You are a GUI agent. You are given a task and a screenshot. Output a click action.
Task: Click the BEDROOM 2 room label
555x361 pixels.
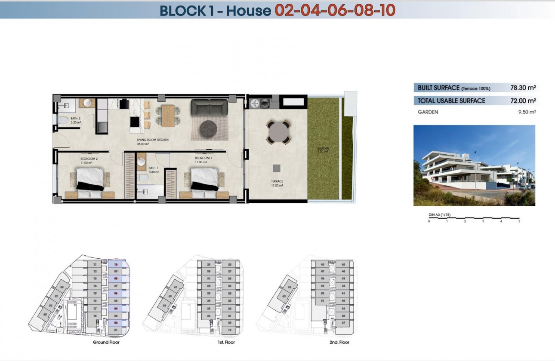pos(89,159)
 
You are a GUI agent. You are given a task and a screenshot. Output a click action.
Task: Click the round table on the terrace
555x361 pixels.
pos(278,132)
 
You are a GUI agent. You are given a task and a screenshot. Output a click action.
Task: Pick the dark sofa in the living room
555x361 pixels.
pos(209,107)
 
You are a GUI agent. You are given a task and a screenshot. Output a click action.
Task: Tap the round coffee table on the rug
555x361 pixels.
pos(209,128)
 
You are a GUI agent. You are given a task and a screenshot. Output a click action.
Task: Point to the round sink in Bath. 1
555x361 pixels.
pos(141,162)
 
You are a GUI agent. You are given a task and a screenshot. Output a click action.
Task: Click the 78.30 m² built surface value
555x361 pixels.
pos(522,88)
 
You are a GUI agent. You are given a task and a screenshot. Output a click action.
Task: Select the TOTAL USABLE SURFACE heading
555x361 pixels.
pos(451,101)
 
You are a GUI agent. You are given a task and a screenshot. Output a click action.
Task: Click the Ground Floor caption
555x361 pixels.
pos(106,343)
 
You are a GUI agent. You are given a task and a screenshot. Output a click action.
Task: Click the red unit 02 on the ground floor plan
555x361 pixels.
pos(116,322)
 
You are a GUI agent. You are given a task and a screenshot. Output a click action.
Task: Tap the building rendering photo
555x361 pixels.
pos(474,165)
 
